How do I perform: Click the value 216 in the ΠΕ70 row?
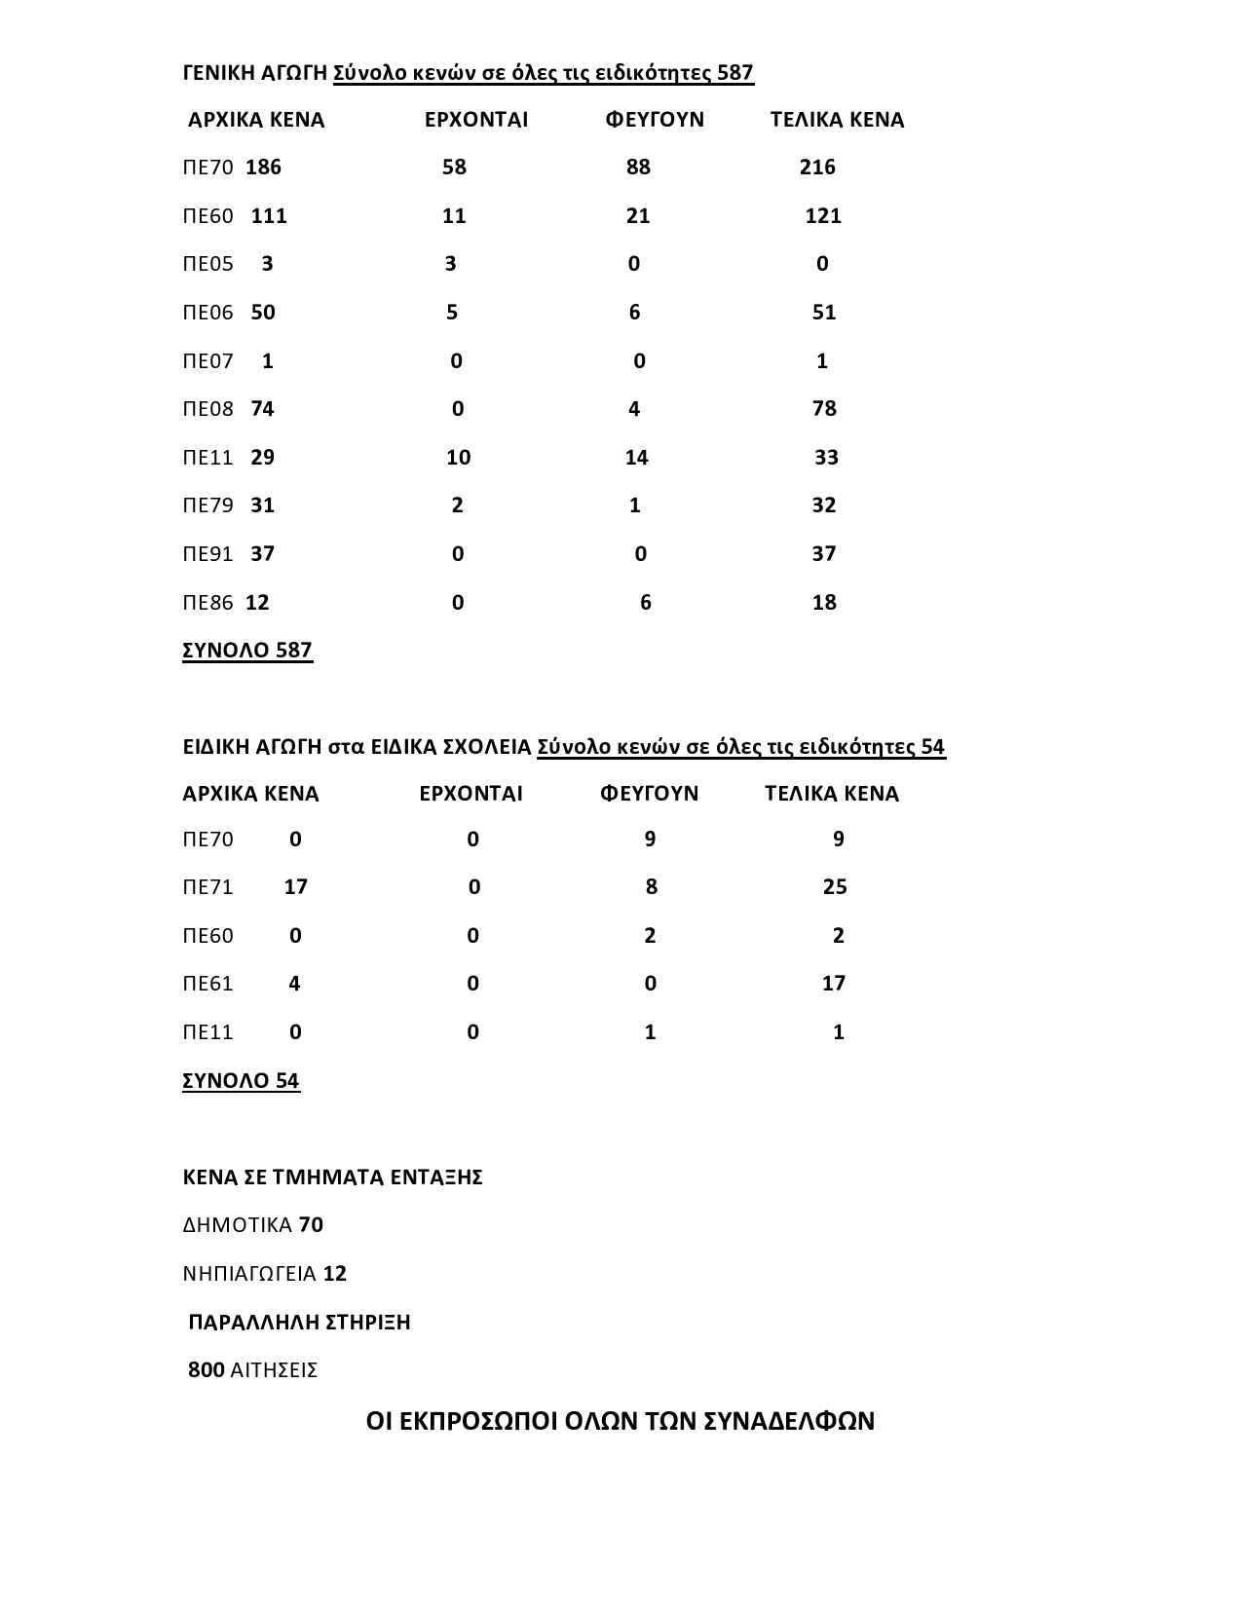[x=817, y=168]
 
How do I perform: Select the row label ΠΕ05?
[x=208, y=264]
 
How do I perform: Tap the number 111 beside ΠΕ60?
[x=269, y=216]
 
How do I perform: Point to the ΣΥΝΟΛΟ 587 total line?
[x=247, y=651]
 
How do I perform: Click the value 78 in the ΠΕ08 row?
[x=824, y=409]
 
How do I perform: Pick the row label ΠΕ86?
[x=208, y=603]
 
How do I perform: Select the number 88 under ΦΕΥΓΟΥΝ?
[x=638, y=168]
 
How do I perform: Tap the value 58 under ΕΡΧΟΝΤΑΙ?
[x=454, y=168]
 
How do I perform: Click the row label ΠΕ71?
[x=208, y=887]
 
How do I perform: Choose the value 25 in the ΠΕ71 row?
[x=835, y=887]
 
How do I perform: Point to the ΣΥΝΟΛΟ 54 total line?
[x=241, y=1081]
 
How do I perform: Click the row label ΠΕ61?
[x=208, y=984]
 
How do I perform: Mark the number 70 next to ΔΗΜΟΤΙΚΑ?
[x=311, y=1225]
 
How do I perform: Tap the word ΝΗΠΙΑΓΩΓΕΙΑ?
[x=249, y=1274]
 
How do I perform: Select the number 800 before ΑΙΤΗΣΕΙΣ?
[x=207, y=1370]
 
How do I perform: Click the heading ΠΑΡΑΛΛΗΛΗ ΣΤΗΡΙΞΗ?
[x=299, y=1323]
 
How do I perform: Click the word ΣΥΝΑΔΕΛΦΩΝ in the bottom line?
[x=788, y=1421]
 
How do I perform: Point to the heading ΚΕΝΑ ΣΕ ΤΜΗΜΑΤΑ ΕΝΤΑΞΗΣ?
[x=333, y=1177]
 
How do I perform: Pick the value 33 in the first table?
[x=826, y=458]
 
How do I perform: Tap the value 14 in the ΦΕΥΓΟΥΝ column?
[x=636, y=458]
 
